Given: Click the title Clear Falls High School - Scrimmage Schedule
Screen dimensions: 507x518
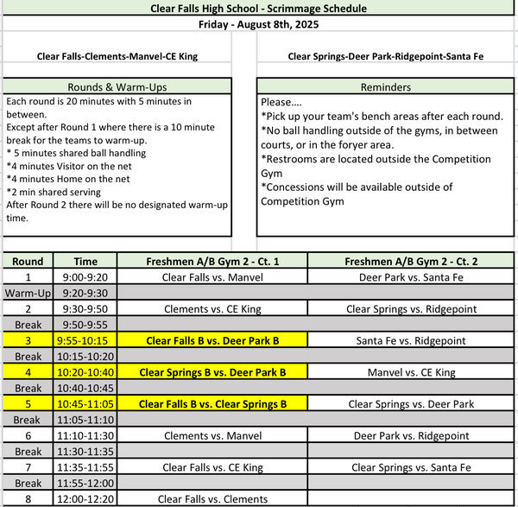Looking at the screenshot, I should pos(258,8).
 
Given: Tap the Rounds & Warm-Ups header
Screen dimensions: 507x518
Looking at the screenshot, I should pos(117,87).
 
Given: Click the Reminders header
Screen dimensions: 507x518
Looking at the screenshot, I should pos(386,87).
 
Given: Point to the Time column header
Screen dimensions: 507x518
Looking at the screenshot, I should pos(85,261).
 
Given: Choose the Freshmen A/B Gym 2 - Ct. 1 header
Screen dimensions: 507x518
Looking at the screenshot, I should pos(212,261).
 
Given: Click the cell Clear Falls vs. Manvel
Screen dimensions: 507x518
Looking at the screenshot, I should pos(212,277).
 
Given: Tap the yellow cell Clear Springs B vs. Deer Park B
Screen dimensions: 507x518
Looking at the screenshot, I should pos(212,372).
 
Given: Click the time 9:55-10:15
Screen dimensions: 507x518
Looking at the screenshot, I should pos(85,340).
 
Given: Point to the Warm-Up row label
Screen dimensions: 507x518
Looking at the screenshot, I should pos(28,293).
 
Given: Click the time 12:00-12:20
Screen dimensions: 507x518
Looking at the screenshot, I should pos(85,498).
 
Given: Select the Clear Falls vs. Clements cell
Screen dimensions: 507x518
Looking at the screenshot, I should pos(212,498).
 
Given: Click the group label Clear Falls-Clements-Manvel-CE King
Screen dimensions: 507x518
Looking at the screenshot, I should pos(117,57).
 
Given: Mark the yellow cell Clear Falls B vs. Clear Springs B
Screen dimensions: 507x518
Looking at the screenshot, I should pos(212,403).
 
